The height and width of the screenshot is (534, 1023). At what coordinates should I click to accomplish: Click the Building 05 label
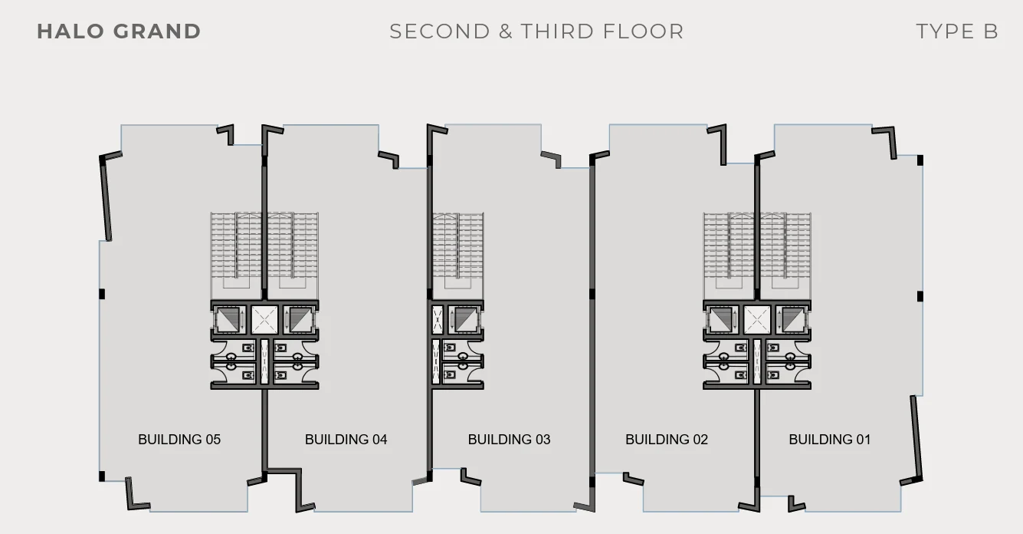tap(179, 440)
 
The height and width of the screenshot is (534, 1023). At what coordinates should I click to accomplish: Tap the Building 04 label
tap(346, 440)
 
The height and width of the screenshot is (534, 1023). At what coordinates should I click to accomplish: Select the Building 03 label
tap(509, 440)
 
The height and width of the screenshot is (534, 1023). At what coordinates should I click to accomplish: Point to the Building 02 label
tap(667, 440)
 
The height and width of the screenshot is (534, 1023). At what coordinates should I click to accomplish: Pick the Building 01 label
tap(829, 440)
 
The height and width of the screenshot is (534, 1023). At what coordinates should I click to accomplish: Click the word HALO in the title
tap(70, 31)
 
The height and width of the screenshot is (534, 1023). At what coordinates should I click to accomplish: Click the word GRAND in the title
tap(157, 31)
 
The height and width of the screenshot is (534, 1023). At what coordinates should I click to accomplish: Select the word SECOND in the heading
tap(440, 31)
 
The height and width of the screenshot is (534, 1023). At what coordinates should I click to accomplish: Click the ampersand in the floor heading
tap(506, 31)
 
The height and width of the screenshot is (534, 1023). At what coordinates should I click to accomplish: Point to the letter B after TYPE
tap(991, 31)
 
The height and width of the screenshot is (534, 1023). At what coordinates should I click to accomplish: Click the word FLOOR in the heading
tap(643, 31)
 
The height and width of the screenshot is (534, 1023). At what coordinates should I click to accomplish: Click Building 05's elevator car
tap(228, 320)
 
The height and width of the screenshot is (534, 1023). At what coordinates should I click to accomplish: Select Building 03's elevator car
tap(465, 320)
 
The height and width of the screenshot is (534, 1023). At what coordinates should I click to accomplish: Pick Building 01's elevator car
tap(793, 320)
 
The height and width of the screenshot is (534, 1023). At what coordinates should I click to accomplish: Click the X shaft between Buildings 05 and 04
tap(264, 320)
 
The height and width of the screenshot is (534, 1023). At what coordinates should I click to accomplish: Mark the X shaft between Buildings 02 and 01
tap(757, 320)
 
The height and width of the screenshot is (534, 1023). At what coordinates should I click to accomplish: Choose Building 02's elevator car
tap(721, 320)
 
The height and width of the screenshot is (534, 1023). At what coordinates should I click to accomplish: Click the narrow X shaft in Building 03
tap(437, 320)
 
